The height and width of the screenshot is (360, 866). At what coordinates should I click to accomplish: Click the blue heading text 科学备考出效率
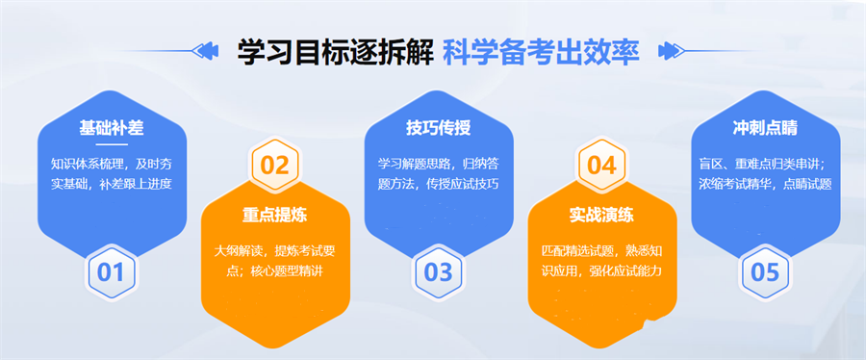pyautogui.click(x=542, y=51)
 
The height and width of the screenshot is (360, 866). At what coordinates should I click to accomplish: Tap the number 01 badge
pyautogui.click(x=111, y=271)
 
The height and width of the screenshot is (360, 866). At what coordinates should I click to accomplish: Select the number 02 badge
pyautogui.click(x=274, y=165)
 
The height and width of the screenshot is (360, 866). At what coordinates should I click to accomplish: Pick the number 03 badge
pyautogui.click(x=438, y=271)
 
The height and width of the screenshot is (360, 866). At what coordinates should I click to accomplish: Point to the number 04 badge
pyautogui.click(x=601, y=165)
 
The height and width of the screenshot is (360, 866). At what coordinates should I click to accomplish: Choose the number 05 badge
pyautogui.click(x=765, y=271)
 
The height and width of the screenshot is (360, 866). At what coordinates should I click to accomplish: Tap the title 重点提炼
pyautogui.click(x=274, y=214)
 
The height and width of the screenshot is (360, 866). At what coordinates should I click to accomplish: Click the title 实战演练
pyautogui.click(x=601, y=214)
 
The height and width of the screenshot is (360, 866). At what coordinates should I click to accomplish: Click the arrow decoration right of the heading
pyautogui.click(x=665, y=50)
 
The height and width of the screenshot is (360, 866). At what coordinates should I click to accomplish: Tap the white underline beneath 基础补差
pyautogui.click(x=111, y=144)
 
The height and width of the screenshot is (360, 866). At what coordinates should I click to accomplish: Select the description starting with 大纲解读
pyautogui.click(x=274, y=260)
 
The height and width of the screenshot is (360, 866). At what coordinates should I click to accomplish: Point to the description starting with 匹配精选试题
pyautogui.click(x=601, y=260)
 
